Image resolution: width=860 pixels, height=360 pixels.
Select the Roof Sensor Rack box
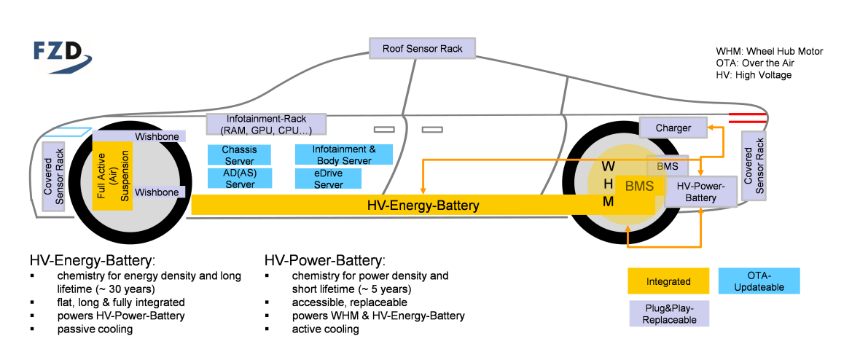click(423, 49)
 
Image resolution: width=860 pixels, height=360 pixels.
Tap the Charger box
click(673, 128)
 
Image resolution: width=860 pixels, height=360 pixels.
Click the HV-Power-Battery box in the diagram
click(700, 192)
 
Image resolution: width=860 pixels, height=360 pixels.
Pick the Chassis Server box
click(239, 154)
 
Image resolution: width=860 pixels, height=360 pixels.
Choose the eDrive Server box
click(329, 179)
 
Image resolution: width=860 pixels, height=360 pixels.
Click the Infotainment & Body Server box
click(343, 154)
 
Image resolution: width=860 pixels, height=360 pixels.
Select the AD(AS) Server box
click(239, 179)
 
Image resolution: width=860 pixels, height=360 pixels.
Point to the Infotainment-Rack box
click(266, 125)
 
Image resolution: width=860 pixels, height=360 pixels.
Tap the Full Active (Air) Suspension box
click(112, 171)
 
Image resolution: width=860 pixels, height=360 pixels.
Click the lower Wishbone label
click(156, 192)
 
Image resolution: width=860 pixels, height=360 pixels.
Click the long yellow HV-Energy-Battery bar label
click(423, 206)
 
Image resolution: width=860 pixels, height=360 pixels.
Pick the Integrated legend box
click(668, 281)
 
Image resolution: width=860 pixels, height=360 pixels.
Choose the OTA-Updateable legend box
click(759, 281)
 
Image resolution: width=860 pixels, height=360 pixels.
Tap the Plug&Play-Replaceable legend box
click(668, 314)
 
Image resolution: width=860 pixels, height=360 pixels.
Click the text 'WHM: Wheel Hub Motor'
click(769, 52)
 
